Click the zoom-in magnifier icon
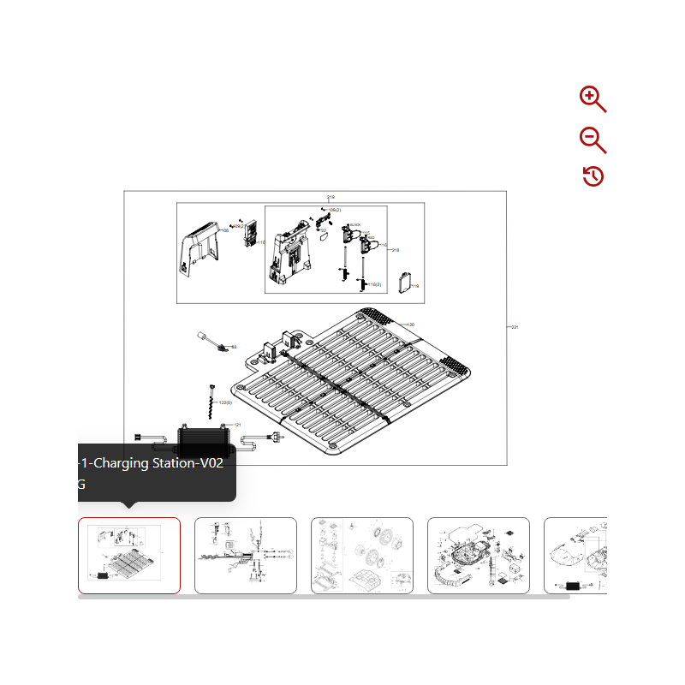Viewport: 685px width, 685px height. [x=593, y=99]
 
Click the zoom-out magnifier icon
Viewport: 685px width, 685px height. [x=593, y=140]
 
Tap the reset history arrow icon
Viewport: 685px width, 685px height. [x=593, y=176]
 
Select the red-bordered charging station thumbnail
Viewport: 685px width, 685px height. [x=129, y=555]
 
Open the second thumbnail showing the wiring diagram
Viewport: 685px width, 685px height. [x=246, y=555]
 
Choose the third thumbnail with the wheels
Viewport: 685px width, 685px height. [x=362, y=555]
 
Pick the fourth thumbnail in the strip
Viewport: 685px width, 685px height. [x=479, y=555]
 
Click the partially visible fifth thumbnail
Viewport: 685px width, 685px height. [x=575, y=555]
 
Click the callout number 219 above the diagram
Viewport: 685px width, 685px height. [x=331, y=197]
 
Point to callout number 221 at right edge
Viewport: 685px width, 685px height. [x=515, y=327]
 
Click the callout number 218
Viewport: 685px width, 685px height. [x=396, y=250]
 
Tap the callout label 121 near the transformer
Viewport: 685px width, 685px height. [x=237, y=425]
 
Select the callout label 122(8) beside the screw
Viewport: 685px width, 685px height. [x=226, y=402]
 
